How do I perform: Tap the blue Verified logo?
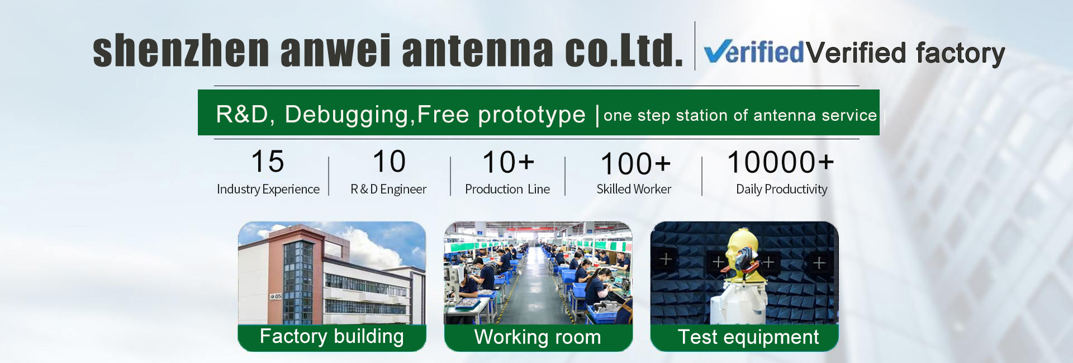pos(754,53)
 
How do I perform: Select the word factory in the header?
pos(960,54)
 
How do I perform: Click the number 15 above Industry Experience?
pos(268,162)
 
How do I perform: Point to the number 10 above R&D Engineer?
pos(389,162)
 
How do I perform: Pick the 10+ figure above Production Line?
pos(508,163)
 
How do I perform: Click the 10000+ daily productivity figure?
pos(780,163)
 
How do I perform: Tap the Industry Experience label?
pos(268,190)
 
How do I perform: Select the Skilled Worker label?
pos(634,190)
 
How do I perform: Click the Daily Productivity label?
pos(781,190)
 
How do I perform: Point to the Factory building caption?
pos(332,337)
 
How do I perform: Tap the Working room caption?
pos(538,337)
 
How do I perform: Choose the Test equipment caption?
pos(748,337)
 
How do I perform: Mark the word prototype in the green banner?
pos(531,115)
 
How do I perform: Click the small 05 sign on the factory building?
pos(276,296)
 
